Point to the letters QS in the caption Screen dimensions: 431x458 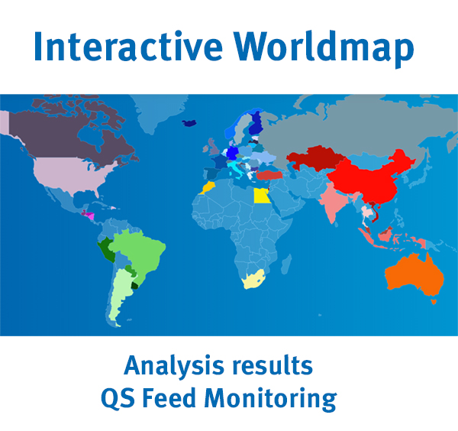pyautogui.click(x=140, y=398)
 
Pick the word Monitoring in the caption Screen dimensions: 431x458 pyautogui.click(x=289, y=398)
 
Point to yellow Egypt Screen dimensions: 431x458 pyautogui.click(x=261, y=196)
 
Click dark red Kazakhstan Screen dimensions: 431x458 pyautogui.click(x=313, y=160)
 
